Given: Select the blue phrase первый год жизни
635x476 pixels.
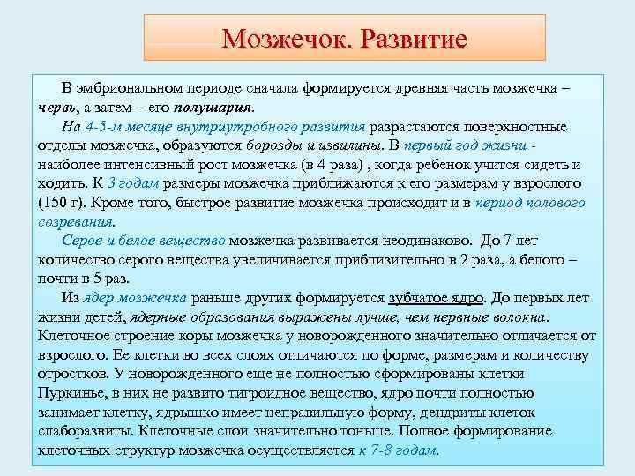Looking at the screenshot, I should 472,145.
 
